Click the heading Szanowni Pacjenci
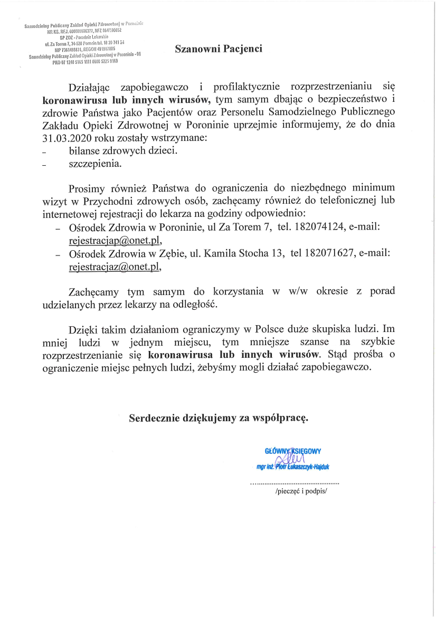click(x=219, y=49)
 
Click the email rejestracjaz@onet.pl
click(x=113, y=268)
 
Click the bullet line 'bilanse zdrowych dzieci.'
click(x=122, y=150)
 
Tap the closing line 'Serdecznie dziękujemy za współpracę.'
click(x=219, y=419)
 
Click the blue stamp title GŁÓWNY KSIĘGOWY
click(x=292, y=451)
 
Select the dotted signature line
click(x=294, y=483)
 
